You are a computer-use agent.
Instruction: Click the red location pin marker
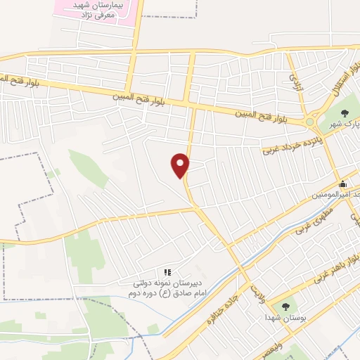181,165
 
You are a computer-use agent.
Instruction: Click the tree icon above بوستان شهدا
285,307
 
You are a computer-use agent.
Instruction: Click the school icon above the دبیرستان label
167,272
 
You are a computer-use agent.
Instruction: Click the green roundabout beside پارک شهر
309,122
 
